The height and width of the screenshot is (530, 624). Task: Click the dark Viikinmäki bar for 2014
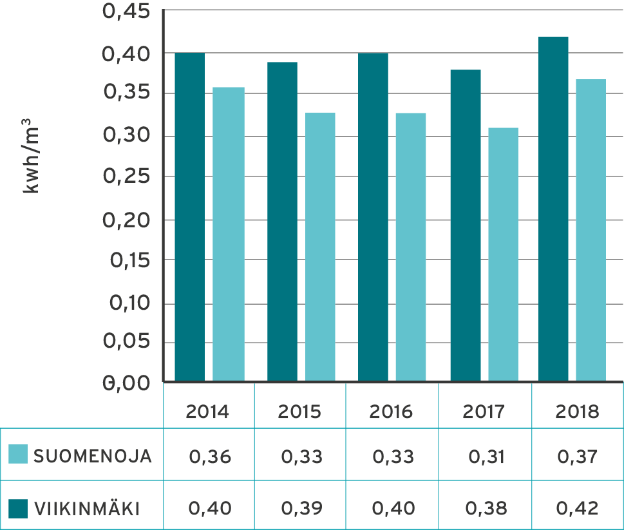click(x=190, y=216)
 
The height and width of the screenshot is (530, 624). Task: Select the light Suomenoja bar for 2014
click(x=229, y=234)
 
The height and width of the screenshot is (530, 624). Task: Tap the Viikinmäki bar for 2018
click(x=554, y=209)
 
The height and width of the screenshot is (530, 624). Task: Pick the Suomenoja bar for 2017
click(x=503, y=254)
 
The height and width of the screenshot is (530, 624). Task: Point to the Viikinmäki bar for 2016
click(x=373, y=216)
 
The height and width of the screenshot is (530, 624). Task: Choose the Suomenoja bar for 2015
click(x=320, y=247)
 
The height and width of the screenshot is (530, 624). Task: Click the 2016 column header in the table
click(x=392, y=412)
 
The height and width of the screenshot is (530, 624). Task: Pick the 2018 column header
click(x=577, y=412)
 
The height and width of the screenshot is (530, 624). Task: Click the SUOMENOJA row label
click(x=93, y=457)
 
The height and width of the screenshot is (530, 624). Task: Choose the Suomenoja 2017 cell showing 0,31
click(x=486, y=457)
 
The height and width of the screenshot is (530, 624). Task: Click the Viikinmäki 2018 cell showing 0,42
click(x=577, y=509)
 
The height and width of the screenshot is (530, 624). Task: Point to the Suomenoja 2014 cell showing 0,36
click(x=209, y=457)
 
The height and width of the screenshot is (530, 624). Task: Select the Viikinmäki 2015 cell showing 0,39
click(x=301, y=509)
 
